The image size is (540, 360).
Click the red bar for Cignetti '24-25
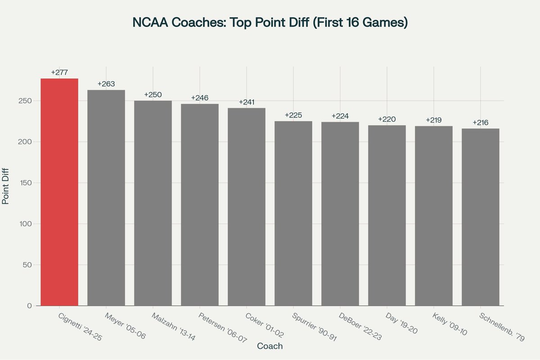59,192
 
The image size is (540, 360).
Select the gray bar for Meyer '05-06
106,198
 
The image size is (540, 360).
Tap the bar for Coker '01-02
247,207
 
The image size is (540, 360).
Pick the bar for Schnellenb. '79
480,217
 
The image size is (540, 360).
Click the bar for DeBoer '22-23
340,214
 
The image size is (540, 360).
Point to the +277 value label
59,72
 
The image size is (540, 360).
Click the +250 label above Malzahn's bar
153,95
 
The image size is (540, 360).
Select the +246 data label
200,98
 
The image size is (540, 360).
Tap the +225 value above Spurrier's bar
293,115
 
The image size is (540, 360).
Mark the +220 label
387,119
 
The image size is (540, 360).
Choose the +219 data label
434,120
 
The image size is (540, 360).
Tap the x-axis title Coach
270,346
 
